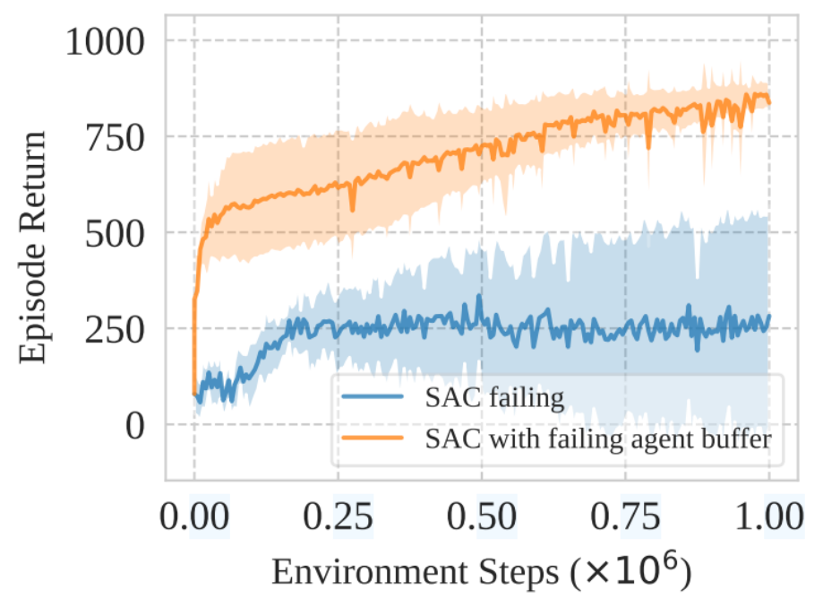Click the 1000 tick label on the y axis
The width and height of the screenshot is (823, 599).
(105, 41)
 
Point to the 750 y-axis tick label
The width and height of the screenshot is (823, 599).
(115, 138)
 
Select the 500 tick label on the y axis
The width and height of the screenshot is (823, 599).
(115, 234)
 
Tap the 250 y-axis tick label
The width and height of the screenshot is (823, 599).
(115, 330)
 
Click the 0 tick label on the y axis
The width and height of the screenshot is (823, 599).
(135, 426)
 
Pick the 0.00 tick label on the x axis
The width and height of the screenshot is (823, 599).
(194, 517)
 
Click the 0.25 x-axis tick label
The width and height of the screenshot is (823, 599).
(338, 517)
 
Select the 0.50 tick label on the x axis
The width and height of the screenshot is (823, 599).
(482, 517)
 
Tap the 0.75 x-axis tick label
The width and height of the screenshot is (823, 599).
(626, 517)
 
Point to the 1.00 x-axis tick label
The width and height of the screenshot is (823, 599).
(769, 517)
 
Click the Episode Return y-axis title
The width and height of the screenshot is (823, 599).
(32, 247)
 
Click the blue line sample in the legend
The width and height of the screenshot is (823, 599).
(373, 396)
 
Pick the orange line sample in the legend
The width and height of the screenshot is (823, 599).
(373, 438)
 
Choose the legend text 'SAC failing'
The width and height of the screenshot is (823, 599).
(495, 397)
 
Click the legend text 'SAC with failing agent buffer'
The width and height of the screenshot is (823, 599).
(598, 438)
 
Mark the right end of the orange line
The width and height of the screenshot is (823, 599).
(769, 103)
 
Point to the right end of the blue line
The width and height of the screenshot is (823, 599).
(769, 316)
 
